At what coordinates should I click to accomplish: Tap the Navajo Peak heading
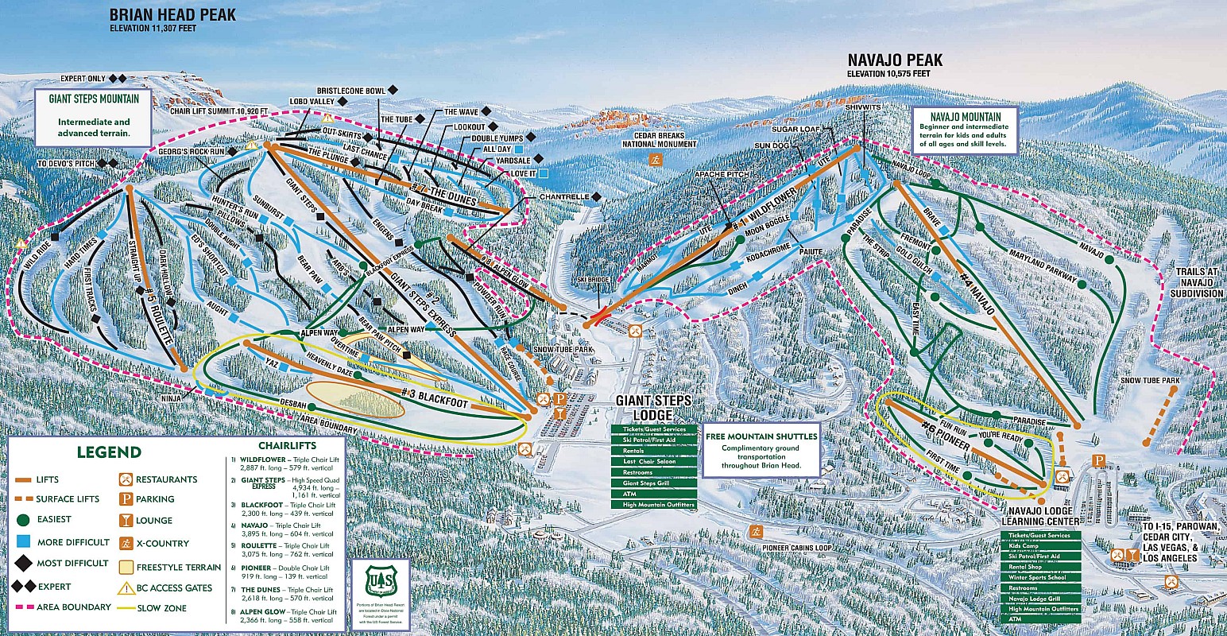(x=895, y=60)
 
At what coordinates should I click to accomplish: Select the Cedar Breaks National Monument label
(x=659, y=139)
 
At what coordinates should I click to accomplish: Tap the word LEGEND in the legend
(x=108, y=452)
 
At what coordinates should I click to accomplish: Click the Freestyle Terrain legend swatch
(x=126, y=568)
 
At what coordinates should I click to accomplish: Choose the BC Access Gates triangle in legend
(x=126, y=588)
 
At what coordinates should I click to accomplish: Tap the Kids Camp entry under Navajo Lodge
(x=1041, y=546)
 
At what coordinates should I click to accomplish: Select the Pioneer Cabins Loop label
(x=797, y=548)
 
